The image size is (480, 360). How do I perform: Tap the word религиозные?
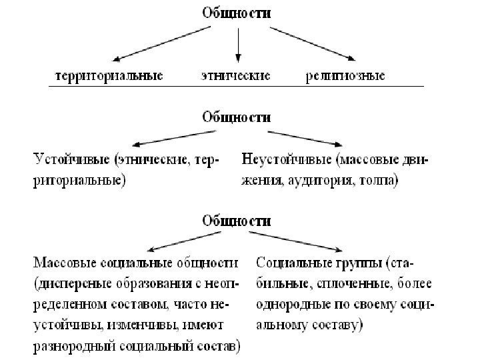click(345, 76)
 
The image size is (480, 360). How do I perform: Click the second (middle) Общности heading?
click(237, 117)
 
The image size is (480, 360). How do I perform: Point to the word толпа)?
click(379, 180)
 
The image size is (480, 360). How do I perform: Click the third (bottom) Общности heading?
click(237, 219)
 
